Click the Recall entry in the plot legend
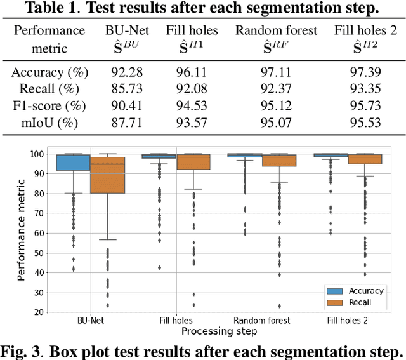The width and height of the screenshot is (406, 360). [x=359, y=302]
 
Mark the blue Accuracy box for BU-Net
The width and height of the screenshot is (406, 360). [x=73, y=163]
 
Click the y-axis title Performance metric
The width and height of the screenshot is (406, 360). [x=22, y=232]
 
